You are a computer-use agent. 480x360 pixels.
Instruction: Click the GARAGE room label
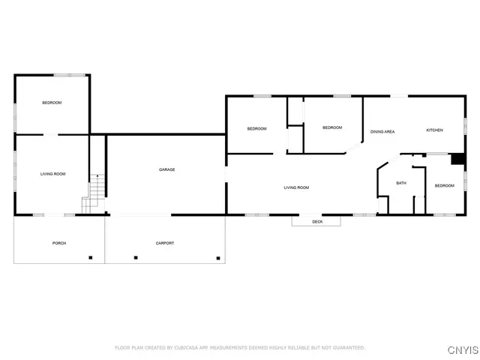tap(166, 169)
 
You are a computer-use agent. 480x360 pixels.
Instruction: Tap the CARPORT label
tap(165, 243)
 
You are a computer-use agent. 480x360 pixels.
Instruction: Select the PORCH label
tap(59, 243)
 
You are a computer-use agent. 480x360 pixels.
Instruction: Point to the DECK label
tap(316, 222)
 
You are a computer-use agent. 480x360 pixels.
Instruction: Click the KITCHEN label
tap(434, 130)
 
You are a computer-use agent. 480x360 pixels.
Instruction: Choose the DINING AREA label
tap(382, 132)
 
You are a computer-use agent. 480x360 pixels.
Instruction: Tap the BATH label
tap(401, 183)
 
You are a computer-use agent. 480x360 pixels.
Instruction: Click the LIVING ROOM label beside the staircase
tap(52, 174)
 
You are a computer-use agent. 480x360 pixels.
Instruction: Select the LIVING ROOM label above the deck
tap(295, 187)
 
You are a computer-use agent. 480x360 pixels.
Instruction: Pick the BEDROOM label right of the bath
tap(445, 185)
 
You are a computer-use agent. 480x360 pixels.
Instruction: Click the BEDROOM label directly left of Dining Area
tap(332, 128)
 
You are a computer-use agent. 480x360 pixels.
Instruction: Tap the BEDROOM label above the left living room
tap(52, 103)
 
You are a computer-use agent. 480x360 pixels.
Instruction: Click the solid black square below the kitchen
tap(455, 159)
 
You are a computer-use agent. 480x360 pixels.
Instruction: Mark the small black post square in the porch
tap(91, 258)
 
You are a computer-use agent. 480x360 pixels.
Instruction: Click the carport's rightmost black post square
tap(219, 258)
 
